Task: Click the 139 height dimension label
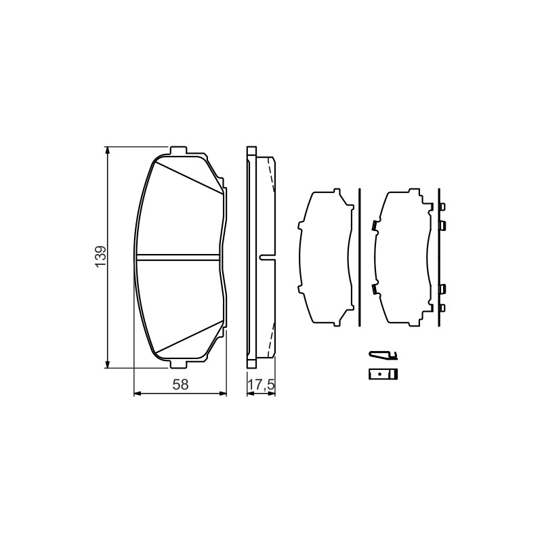tap(100, 257)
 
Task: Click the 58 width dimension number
tap(181, 384)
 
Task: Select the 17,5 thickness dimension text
tap(262, 384)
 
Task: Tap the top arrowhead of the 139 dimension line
tap(108, 150)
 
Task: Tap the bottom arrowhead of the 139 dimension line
tap(108, 364)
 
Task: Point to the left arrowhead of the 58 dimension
tap(138, 394)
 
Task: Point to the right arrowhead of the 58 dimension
tap(223, 394)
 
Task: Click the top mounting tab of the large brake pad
tap(179, 150)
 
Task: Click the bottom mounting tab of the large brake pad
tap(179, 364)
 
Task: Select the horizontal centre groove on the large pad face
tap(178, 257)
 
